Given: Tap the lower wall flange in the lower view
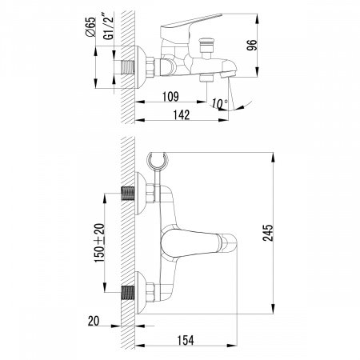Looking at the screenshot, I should coord(145,290).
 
